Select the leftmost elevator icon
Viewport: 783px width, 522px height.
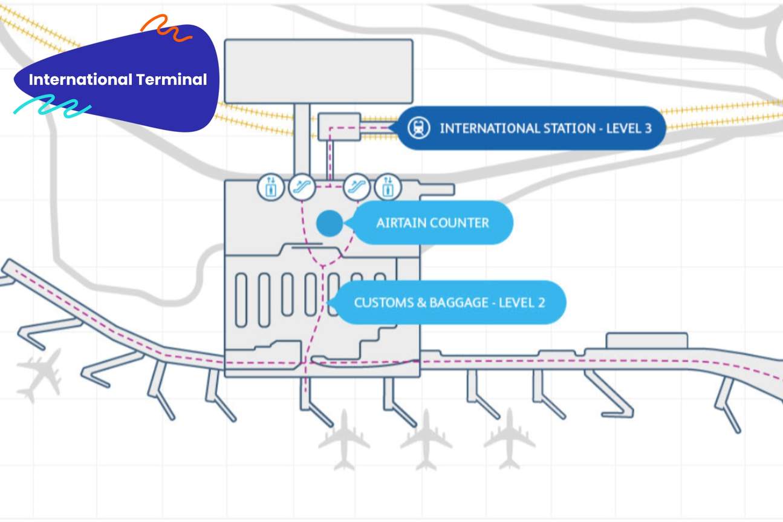coord(270,187)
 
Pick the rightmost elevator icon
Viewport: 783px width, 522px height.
coord(387,187)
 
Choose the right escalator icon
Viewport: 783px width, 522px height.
coord(356,187)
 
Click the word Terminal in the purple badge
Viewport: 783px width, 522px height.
coord(171,80)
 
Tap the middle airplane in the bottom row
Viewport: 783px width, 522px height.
coord(426,440)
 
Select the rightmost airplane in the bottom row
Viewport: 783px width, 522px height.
coord(509,439)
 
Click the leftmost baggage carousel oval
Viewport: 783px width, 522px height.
coord(241,300)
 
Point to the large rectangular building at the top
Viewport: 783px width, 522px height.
coord(318,71)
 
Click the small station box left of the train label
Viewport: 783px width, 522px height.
coord(339,126)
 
